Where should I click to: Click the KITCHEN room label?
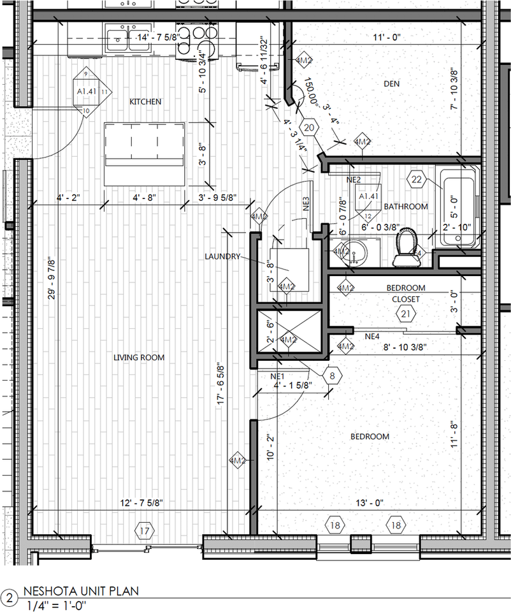[x=145, y=102]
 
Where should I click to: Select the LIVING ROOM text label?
[x=139, y=358]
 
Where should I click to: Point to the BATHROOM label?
[x=405, y=207]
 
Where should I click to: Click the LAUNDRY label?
[x=222, y=257]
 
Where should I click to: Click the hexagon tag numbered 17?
[x=145, y=530]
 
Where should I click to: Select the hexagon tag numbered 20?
[x=310, y=127]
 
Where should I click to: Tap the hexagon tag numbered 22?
[x=418, y=179]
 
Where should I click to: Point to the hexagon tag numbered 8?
[x=332, y=375]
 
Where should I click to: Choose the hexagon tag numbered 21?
[x=405, y=313]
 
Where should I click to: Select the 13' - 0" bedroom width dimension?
[x=370, y=503]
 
